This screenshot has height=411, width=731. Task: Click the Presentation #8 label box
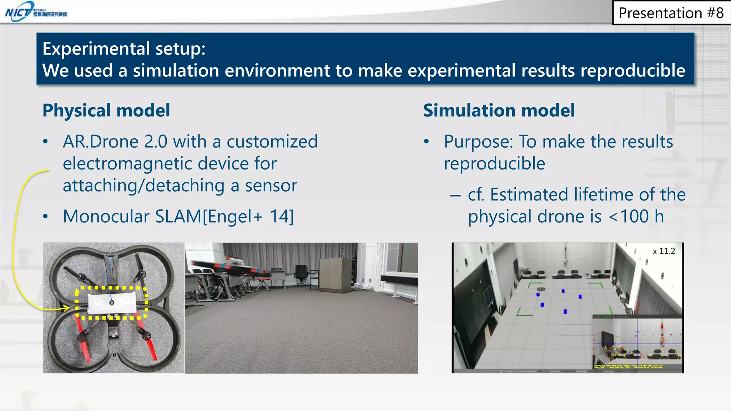pos(671,13)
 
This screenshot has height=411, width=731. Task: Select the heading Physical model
pos(106,110)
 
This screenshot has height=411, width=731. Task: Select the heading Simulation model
pos(499,110)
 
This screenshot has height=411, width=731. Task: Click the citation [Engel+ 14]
pos(248,217)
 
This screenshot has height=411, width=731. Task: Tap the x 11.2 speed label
pos(664,252)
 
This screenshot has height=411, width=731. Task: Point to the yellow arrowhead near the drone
pos(66,308)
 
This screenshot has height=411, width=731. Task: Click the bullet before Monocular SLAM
pos(45,217)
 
